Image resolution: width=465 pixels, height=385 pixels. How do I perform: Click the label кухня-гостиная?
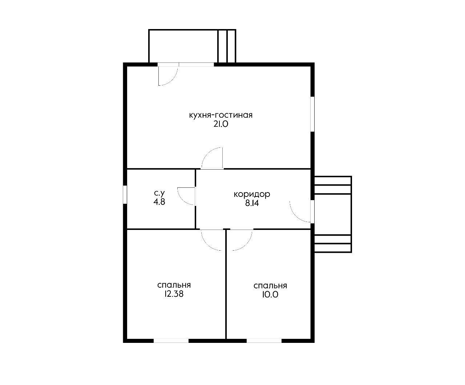point(221,115)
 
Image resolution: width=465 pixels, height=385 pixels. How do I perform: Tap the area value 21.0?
point(221,124)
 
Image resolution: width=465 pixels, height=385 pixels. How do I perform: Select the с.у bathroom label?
point(159,193)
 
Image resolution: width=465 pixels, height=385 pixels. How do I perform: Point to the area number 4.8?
point(159,202)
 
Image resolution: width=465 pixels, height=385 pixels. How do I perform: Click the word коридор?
point(252,195)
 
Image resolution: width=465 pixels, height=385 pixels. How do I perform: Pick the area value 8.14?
point(252,203)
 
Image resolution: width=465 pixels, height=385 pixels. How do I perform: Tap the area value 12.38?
point(174,294)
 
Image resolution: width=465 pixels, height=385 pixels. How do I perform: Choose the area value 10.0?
point(270,295)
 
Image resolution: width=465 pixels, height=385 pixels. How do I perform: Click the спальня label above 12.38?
point(174,285)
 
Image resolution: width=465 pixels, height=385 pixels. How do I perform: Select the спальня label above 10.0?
point(270,286)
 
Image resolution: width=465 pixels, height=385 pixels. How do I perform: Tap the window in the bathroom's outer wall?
point(125,194)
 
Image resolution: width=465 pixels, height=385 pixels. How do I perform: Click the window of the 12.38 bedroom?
point(171,341)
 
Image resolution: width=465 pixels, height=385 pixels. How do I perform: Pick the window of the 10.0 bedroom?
point(264,341)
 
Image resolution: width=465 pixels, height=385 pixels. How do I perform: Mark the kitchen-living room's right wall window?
point(312,114)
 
